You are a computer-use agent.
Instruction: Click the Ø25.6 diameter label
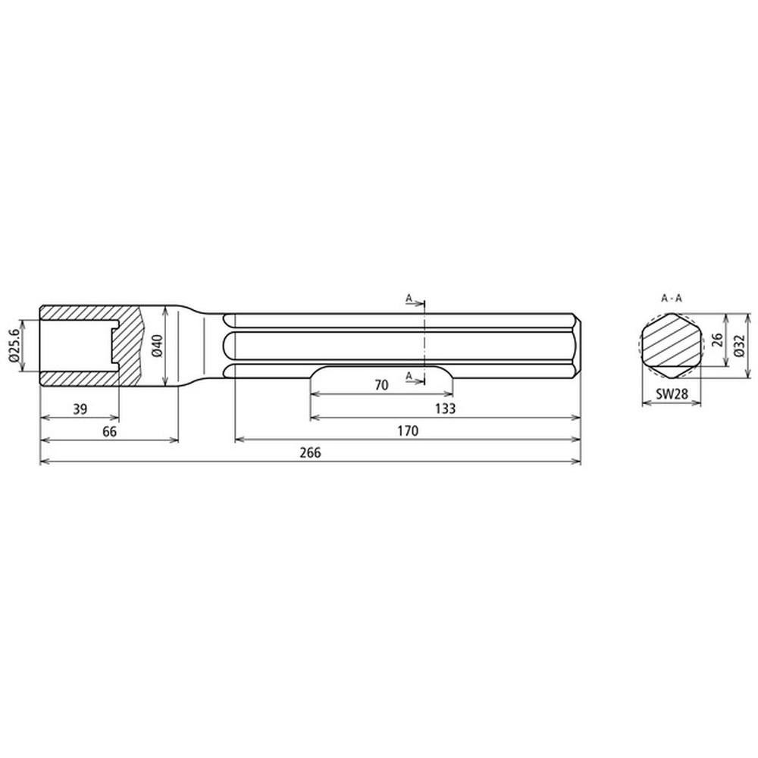14,345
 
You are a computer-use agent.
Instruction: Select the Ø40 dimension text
158,346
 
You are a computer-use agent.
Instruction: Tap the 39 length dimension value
80,409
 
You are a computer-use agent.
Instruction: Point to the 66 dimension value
109,431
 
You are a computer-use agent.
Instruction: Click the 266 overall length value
310,453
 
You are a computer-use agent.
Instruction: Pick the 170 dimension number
408,431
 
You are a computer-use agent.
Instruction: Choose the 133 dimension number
445,409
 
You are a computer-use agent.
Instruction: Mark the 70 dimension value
381,385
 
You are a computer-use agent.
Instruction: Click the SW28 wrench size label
672,394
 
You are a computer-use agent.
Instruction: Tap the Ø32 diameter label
738,346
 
